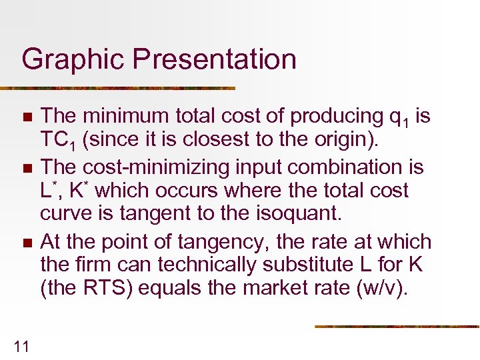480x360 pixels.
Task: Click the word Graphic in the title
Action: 73,59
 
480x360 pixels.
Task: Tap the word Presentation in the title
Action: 215,59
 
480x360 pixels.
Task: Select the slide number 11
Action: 21,345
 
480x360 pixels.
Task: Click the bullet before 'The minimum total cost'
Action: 27,117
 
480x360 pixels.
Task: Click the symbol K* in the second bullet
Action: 79,190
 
